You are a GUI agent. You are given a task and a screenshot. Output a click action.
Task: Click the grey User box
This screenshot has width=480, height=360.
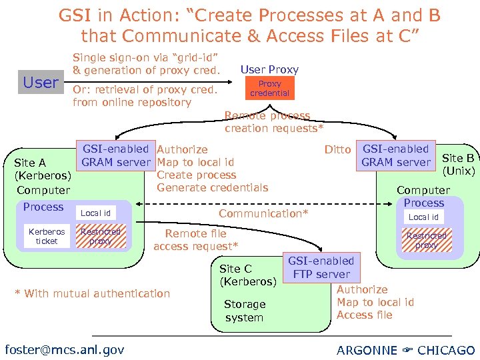click(41, 83)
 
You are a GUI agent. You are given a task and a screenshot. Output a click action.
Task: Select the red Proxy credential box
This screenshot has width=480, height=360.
click(269, 89)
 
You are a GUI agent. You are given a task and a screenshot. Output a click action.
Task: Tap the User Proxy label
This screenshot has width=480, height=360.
click(269, 69)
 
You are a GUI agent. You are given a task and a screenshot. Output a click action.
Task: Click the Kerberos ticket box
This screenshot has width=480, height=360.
click(47, 236)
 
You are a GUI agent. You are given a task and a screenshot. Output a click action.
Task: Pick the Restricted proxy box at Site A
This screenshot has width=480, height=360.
click(100, 236)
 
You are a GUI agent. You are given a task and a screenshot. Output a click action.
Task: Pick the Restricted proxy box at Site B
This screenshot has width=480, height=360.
click(426, 240)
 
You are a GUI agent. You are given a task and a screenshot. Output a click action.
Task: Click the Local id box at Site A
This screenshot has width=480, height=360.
click(95, 213)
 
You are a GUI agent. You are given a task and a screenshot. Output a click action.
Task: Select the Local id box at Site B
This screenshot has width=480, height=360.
click(423, 217)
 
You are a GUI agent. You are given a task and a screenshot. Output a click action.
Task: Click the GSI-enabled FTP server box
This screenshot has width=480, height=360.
click(321, 267)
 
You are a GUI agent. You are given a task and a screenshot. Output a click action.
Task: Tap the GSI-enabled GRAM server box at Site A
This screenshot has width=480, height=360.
click(116, 155)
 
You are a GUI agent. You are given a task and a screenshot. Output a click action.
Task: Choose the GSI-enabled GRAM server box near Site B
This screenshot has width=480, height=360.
click(395, 155)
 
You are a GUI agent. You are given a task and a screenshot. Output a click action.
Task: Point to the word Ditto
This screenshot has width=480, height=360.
click(337, 150)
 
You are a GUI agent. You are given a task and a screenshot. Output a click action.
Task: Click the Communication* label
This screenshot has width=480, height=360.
click(263, 213)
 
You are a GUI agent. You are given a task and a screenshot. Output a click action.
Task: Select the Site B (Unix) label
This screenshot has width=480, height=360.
click(458, 164)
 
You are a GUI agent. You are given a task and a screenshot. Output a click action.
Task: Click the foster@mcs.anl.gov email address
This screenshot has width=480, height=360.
click(64, 349)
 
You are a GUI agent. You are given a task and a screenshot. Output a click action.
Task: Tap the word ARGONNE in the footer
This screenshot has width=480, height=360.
click(366, 350)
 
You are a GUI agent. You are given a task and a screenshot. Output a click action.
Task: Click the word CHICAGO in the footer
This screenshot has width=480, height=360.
click(446, 350)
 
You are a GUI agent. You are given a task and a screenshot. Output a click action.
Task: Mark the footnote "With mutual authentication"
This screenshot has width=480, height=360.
click(93, 293)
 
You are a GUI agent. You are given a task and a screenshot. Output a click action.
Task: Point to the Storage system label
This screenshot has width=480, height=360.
click(244, 311)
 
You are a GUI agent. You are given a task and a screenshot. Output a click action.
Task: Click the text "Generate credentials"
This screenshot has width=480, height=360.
click(212, 187)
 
